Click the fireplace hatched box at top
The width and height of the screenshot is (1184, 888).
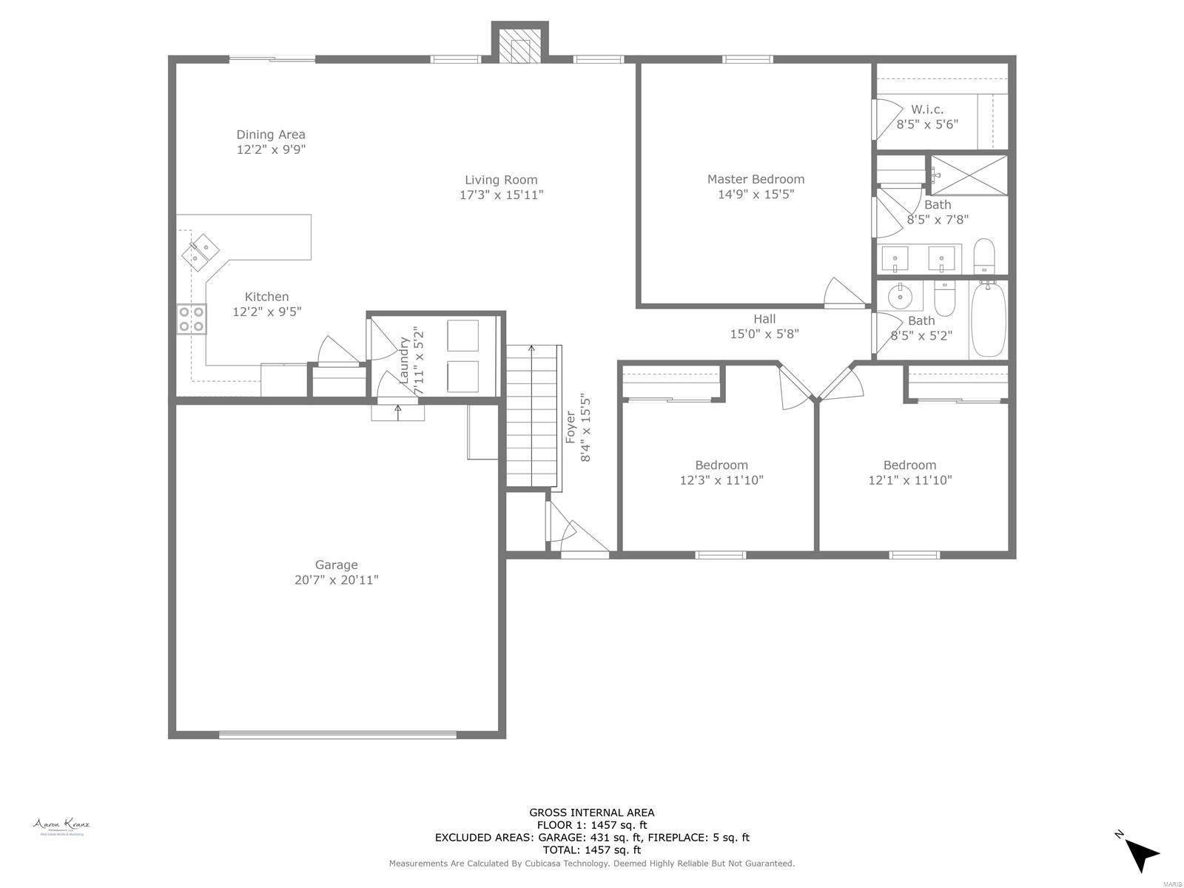click(519, 46)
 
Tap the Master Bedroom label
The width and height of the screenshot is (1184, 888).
click(756, 179)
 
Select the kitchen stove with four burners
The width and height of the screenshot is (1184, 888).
click(191, 319)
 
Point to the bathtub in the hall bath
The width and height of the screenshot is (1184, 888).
click(988, 319)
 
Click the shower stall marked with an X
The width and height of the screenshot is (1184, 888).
click(969, 175)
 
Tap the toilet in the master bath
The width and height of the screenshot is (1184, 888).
click(983, 256)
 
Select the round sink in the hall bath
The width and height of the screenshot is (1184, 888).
click(900, 297)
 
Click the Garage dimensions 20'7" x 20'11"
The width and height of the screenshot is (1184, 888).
click(336, 580)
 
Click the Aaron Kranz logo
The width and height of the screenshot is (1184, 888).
click(61, 826)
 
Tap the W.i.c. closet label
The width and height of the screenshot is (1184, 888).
click(927, 110)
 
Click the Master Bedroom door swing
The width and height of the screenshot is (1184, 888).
click(844, 292)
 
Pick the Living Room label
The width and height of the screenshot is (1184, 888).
click(501, 180)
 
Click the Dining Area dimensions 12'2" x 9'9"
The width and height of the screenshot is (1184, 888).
click(271, 149)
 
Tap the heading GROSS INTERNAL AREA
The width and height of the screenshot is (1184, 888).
click(591, 813)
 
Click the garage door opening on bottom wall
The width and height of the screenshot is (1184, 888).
click(337, 735)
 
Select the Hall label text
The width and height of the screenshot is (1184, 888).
click(764, 319)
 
